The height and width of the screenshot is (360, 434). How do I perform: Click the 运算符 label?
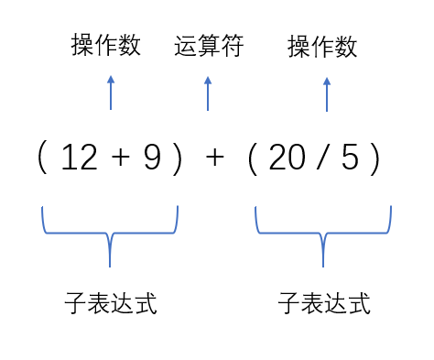209,47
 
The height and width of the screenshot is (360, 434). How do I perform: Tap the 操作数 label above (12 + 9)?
106,45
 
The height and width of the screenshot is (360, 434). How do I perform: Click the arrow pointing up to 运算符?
208,93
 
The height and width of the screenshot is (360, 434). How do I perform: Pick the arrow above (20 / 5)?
327,93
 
